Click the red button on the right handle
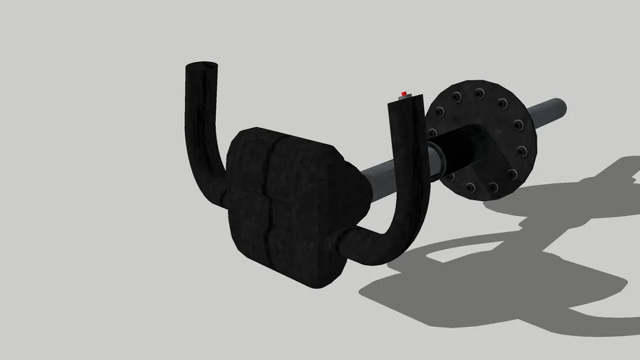(x=404, y=93)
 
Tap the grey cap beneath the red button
(x=403, y=98)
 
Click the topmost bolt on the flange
(x=478, y=93)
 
